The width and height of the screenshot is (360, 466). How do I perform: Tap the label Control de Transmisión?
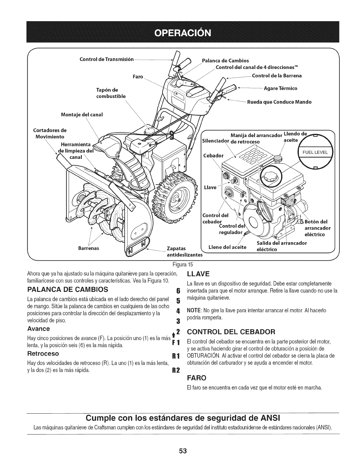pyautogui.click(x=106, y=60)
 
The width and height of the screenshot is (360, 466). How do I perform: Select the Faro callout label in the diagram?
pyautogui.click(x=137, y=77)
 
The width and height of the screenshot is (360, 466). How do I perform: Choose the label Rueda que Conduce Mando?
pyautogui.click(x=279, y=102)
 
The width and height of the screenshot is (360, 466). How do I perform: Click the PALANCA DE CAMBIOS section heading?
pyautogui.click(x=67, y=289)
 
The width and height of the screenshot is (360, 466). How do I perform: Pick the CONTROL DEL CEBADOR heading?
pyautogui.click(x=231, y=332)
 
